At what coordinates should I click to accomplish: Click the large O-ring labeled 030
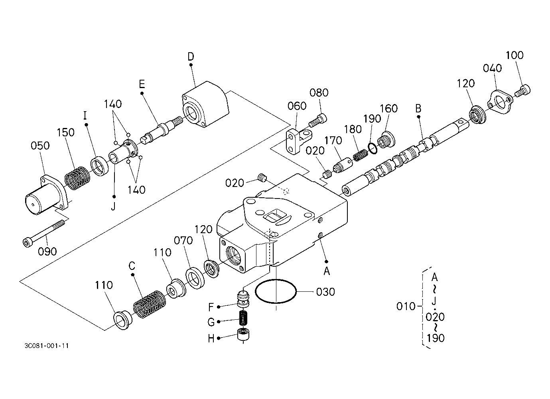[x=276, y=291]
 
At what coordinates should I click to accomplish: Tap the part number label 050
[x=40, y=145]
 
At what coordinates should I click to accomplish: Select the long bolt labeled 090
[x=44, y=233]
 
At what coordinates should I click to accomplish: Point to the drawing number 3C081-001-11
[x=47, y=346]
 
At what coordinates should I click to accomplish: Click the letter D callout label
[x=191, y=57]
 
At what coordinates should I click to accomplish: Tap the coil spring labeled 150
[x=77, y=178]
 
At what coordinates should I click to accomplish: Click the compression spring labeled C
[x=150, y=304]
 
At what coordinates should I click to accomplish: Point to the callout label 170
[x=333, y=141]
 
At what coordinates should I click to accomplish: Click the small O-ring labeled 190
[x=373, y=149]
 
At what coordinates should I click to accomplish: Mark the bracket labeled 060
[x=299, y=141]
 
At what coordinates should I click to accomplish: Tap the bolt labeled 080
[x=318, y=120]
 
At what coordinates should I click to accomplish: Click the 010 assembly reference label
[x=406, y=306]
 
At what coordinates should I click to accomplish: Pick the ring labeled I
[x=100, y=166]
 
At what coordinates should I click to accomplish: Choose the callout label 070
[x=183, y=240]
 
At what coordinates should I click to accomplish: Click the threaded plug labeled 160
[x=386, y=140]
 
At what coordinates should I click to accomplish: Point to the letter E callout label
[x=142, y=84]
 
